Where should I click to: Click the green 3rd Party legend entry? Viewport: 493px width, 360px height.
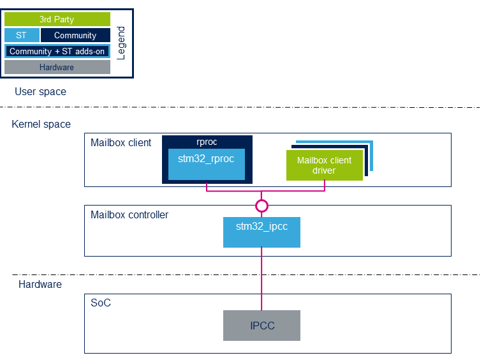coord(57,19)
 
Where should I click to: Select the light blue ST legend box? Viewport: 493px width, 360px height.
coord(22,35)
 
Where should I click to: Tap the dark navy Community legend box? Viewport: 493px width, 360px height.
coord(75,35)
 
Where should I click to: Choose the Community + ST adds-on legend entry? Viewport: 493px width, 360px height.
coord(57,51)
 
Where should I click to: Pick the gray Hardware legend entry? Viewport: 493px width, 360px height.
coord(57,67)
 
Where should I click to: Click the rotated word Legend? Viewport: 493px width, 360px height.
coord(121,43)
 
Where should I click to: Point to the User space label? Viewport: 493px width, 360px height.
coord(41,91)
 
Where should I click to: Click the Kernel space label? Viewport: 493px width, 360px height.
coord(41,124)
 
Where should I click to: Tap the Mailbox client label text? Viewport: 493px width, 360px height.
coord(121,142)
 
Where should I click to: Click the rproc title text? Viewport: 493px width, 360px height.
coord(207,142)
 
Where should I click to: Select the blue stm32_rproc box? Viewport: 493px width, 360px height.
coord(207,164)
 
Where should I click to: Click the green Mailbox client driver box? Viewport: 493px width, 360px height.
coord(325,165)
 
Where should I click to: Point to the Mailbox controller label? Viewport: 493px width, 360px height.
coord(129,214)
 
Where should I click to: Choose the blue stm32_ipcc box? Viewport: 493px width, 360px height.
coord(261,232)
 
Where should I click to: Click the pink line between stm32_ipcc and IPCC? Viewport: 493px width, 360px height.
coord(261,279)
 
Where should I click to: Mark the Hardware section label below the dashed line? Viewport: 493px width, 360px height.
coord(40,284)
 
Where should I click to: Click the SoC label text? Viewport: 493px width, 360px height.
coord(101,303)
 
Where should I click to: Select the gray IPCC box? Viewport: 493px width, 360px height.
coord(261,326)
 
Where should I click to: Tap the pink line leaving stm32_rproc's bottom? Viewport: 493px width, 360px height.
coord(207,187)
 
